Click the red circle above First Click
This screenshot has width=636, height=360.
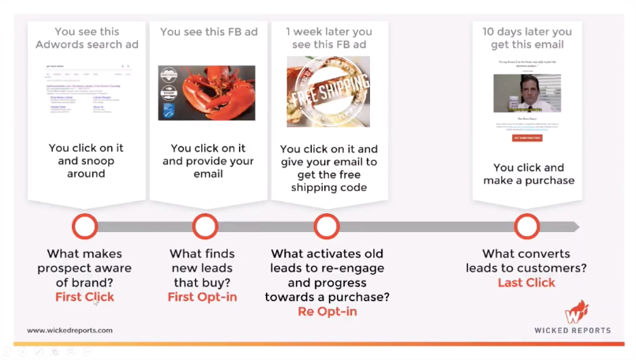point(84,227)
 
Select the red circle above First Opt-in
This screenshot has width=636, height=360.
point(205,227)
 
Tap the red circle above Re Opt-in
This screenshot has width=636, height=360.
point(326,227)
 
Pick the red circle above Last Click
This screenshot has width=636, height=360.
point(526,227)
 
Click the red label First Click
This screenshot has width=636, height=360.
point(84,297)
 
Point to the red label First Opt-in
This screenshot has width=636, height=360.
point(202,297)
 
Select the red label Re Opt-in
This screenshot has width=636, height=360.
point(326,311)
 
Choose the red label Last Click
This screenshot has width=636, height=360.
point(526,283)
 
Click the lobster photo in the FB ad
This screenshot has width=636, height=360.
point(206,92)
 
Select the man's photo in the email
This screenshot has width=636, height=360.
point(526,94)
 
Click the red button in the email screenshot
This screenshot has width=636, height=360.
point(527,137)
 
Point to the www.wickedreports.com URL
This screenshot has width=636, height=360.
point(69,330)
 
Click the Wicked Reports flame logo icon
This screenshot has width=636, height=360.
point(578,310)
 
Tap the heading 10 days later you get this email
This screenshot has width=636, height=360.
point(527,38)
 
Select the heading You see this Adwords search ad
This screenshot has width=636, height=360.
point(86,38)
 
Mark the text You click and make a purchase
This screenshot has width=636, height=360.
point(527,174)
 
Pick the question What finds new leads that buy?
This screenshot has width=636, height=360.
point(202,268)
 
